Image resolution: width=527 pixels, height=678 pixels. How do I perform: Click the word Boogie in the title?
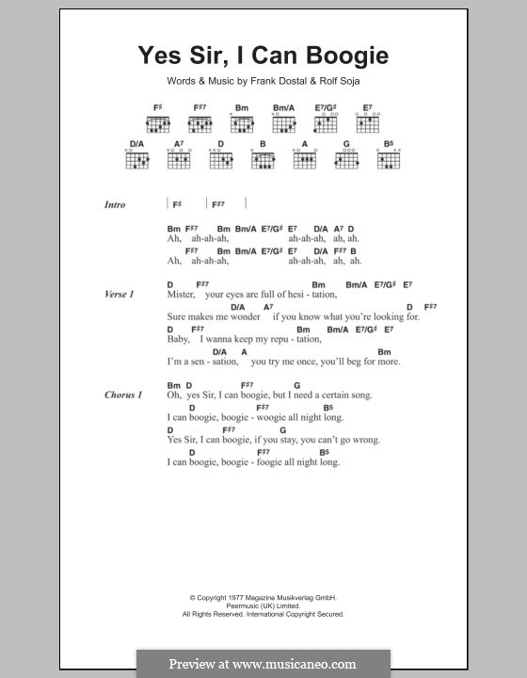pos(340,56)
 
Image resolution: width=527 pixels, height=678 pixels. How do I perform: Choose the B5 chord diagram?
pos(389,160)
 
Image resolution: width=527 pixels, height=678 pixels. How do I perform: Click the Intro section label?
pos(114,204)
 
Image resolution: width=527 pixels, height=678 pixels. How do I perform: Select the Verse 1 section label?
pos(119,295)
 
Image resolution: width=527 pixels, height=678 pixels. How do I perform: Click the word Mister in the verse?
pos(181,295)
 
